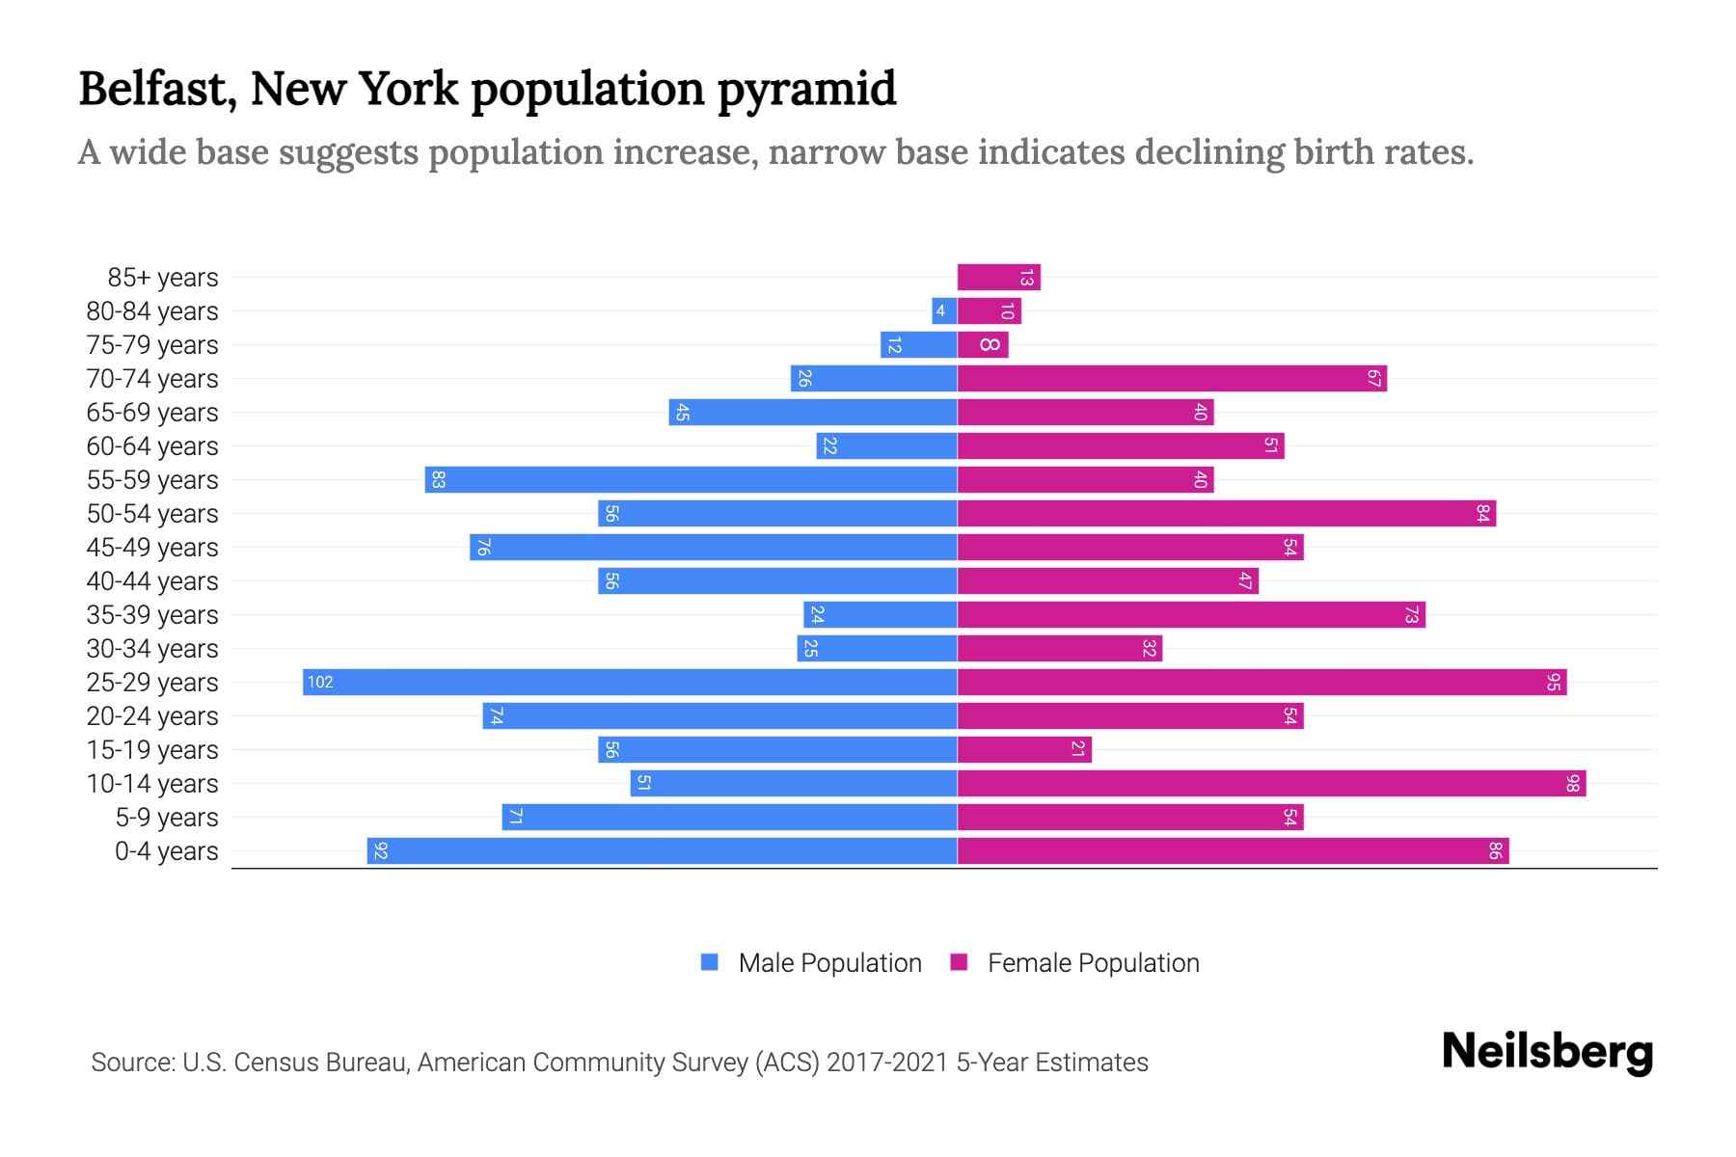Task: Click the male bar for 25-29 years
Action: point(629,683)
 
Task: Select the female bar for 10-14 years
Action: point(1271,784)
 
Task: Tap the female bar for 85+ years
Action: point(998,278)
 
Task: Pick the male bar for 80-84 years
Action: point(944,311)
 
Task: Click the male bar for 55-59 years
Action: point(691,480)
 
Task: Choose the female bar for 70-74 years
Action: point(1172,379)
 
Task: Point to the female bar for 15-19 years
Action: point(1024,750)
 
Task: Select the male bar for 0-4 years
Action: point(662,851)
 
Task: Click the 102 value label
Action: point(320,683)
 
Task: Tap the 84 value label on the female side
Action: point(1482,514)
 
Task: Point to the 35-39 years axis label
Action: point(152,615)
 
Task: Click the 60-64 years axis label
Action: point(152,446)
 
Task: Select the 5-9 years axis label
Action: point(167,818)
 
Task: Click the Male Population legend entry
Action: point(829,963)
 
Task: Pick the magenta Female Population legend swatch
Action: point(959,962)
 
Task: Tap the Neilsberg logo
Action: point(1547,1052)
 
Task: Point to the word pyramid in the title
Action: point(806,89)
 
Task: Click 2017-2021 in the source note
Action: point(887,1063)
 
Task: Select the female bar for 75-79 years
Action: point(983,345)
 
